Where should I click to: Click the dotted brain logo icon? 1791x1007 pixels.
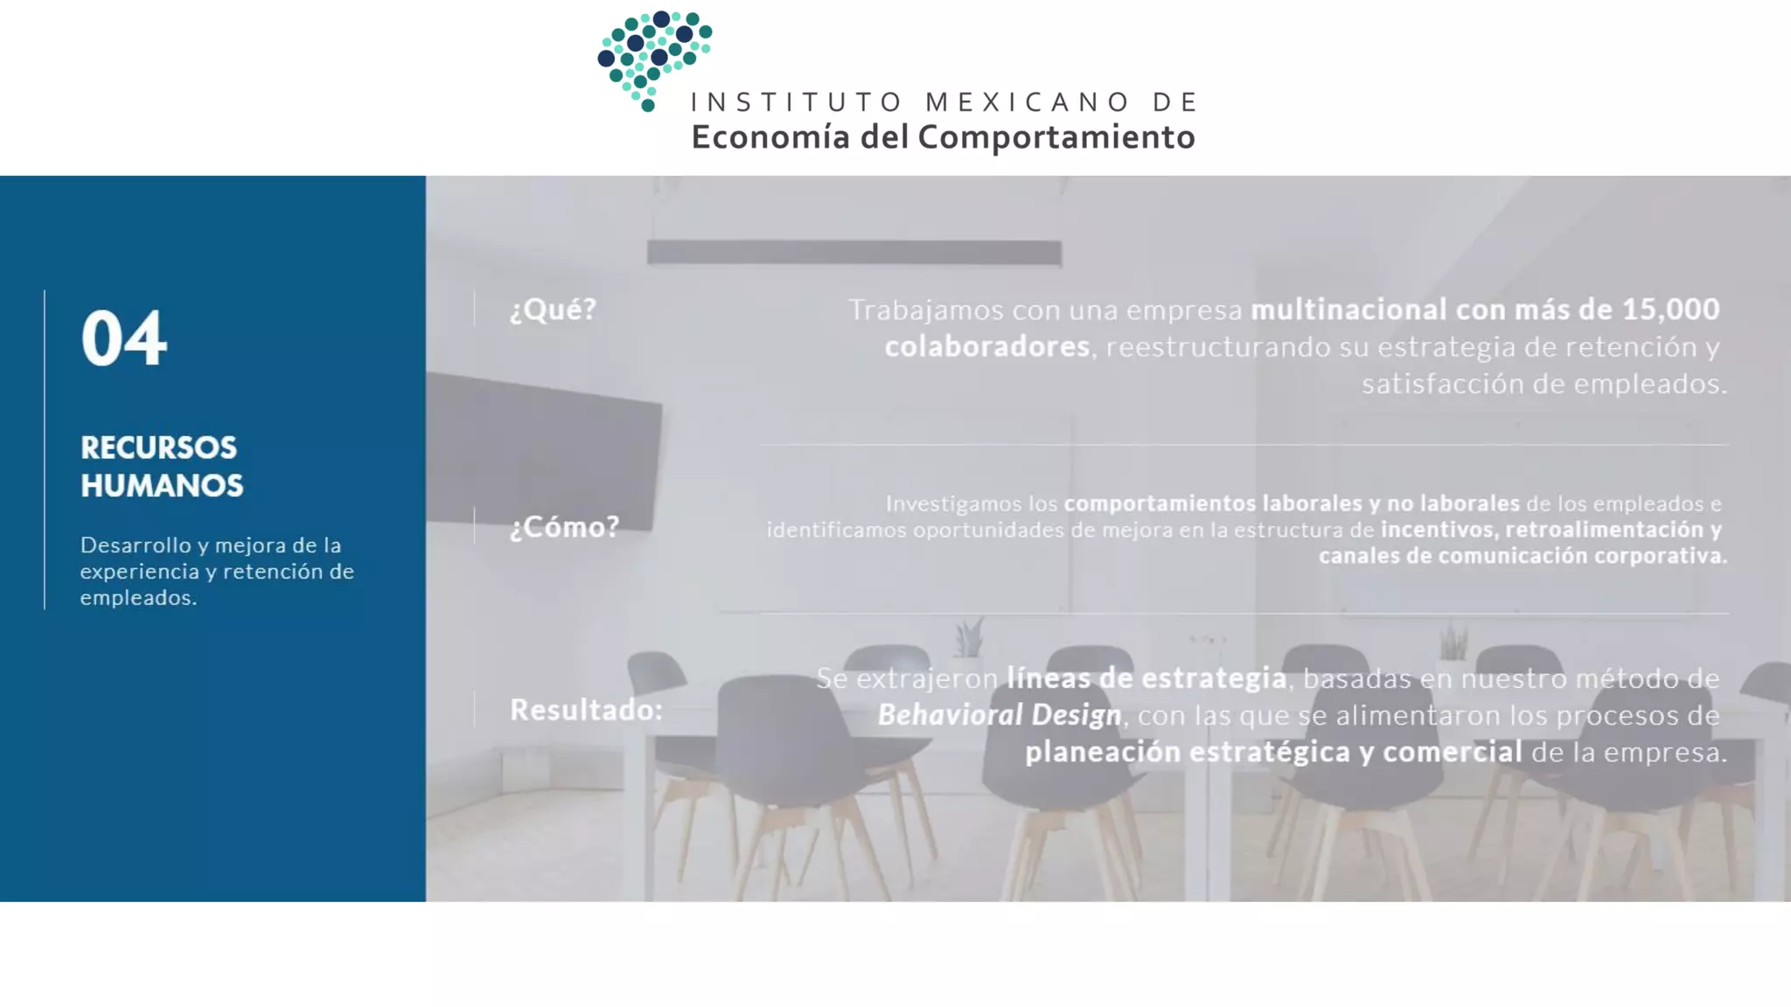654,59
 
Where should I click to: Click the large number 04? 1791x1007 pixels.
123,338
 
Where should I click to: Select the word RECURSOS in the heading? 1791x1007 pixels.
158,448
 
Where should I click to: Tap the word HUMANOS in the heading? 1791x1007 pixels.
162,486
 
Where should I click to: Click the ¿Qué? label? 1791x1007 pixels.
553,309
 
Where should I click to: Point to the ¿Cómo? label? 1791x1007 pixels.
564,527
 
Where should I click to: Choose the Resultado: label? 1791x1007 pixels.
586,710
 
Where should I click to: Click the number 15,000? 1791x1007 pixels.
1670,309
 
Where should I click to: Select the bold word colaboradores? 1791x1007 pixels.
986,347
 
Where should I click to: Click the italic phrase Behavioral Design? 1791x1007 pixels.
1000,715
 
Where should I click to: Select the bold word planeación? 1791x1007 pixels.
1102,753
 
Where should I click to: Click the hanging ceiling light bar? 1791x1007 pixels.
854,253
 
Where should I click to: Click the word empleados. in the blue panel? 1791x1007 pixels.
138,598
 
